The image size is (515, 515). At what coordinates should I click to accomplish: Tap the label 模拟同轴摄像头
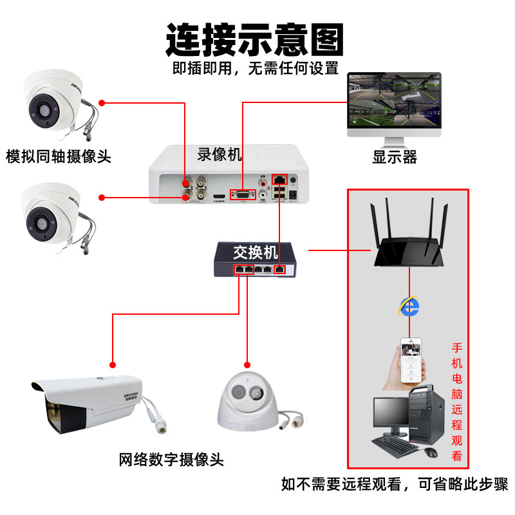[59, 156]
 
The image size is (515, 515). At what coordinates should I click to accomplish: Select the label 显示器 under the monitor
[394, 156]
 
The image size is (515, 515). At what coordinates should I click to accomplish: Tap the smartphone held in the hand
[410, 360]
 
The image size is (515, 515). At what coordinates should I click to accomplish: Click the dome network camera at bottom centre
[247, 402]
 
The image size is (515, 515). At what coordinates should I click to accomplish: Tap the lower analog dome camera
[51, 212]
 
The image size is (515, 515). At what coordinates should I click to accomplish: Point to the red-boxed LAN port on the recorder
[279, 178]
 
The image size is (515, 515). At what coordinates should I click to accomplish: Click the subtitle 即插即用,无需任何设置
[255, 68]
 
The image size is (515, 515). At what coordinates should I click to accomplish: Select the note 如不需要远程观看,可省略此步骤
[394, 484]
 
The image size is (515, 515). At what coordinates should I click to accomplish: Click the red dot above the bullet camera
[113, 362]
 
